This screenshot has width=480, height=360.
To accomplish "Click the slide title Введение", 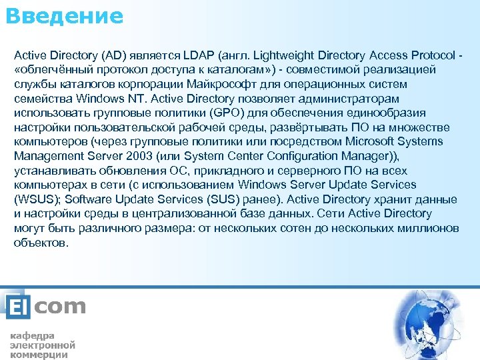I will click(64, 15).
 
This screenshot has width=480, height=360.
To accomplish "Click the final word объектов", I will click(41, 242).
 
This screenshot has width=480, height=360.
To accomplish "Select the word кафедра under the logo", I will click(31, 335).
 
